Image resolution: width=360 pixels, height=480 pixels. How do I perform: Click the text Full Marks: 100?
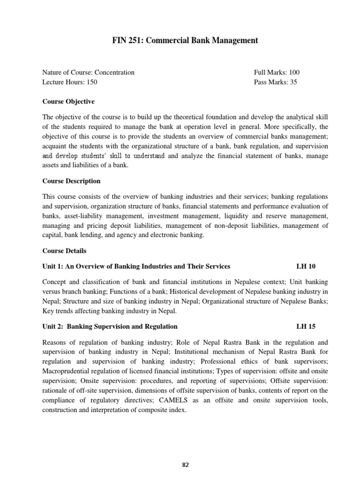(x=277, y=72)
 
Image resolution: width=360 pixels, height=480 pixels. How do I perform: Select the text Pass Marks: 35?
(x=276, y=82)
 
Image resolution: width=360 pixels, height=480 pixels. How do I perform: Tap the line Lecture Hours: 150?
(x=70, y=82)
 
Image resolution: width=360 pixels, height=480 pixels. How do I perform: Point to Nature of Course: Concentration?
(x=88, y=72)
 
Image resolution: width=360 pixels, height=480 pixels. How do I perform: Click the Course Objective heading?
(x=68, y=101)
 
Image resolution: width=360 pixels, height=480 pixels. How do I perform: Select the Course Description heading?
(x=71, y=181)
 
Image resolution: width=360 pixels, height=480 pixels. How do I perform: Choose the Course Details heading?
(x=64, y=251)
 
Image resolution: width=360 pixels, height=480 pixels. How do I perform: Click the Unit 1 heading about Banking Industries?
(x=136, y=266)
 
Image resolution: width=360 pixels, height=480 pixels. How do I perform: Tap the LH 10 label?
(x=306, y=266)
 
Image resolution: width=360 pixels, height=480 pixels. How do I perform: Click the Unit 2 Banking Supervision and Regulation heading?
(x=110, y=326)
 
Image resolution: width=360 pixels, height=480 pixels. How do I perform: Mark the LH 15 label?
(x=306, y=326)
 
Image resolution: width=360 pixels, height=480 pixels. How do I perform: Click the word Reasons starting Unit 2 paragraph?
(x=54, y=341)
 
